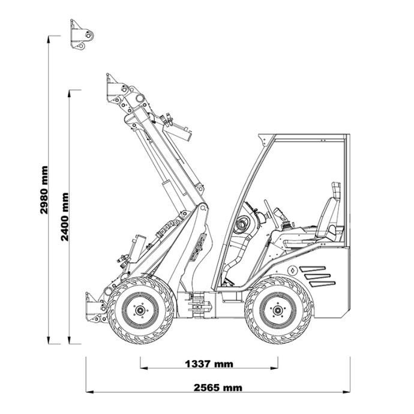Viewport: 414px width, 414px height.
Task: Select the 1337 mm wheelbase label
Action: coord(209,364)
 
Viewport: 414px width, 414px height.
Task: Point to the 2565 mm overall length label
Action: coord(218,388)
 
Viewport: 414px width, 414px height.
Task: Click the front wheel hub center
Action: coord(140,310)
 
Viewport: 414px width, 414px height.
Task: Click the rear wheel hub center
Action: coord(277,310)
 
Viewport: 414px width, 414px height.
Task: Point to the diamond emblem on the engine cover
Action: coord(292,270)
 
